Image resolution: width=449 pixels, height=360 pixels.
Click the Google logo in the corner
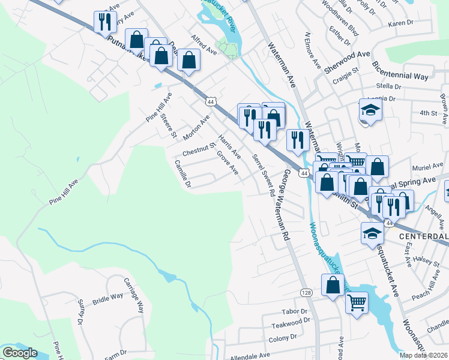point(20,353)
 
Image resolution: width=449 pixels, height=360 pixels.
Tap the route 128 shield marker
point(306,291)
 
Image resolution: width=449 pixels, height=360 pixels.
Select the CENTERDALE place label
point(424,236)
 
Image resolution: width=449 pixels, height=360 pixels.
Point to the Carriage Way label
point(139,299)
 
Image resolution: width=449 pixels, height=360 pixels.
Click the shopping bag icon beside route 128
point(333,285)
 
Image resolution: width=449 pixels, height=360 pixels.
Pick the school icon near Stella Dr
point(370,110)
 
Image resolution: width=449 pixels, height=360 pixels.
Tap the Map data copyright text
point(423,355)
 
